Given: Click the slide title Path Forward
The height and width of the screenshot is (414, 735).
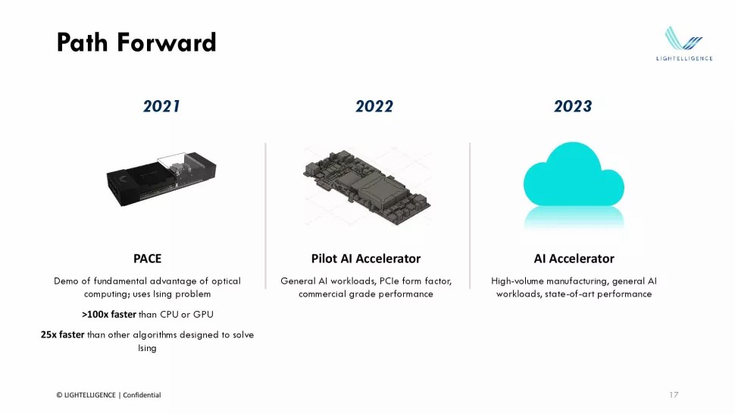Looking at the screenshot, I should (x=136, y=42).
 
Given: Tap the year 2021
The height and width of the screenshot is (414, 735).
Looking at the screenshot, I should (x=161, y=106).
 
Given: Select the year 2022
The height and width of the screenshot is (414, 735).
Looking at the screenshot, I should (x=374, y=106).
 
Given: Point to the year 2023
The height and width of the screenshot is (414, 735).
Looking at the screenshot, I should (x=573, y=106).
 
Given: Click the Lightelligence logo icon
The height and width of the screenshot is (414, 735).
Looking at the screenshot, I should (x=683, y=39).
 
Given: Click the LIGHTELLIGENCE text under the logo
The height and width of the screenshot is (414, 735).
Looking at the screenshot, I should (x=683, y=58).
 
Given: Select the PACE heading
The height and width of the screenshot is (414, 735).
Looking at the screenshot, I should (x=147, y=259).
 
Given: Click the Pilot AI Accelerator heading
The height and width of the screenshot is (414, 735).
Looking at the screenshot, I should (x=366, y=259).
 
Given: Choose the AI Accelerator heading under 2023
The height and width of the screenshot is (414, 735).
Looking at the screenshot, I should (x=574, y=259).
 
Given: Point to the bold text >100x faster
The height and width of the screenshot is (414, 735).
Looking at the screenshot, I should (x=108, y=315).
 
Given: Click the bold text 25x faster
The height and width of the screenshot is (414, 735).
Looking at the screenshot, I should (x=62, y=335).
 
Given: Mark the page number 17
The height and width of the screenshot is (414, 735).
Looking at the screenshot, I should (x=674, y=395).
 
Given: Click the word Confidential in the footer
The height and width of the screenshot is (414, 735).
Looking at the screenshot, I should (x=142, y=395).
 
